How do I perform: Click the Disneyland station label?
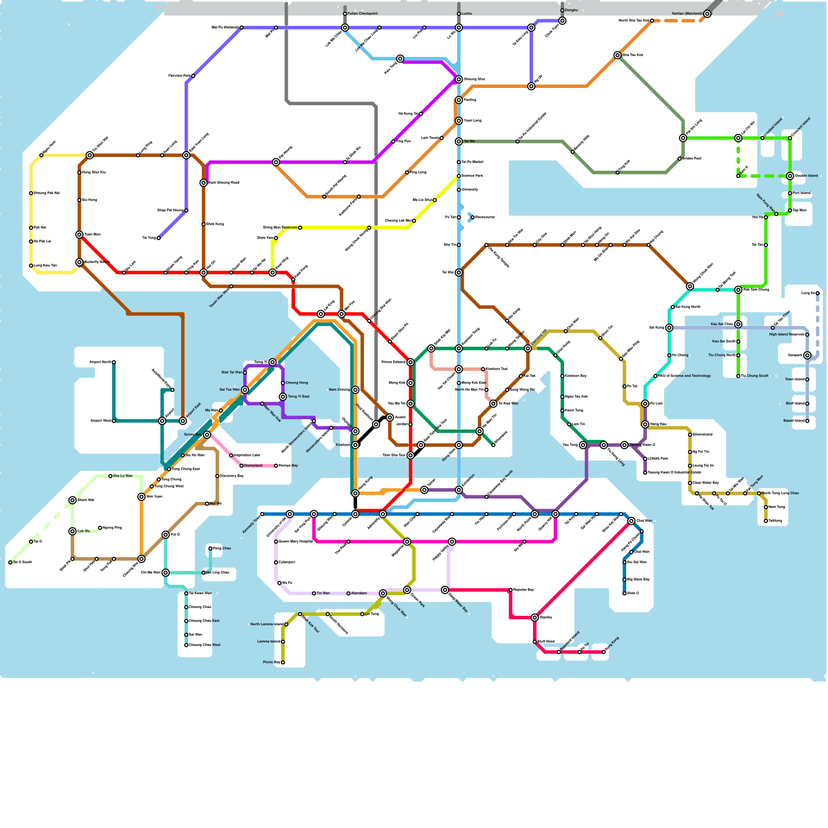tap(253, 466)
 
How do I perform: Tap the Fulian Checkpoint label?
tap(363, 13)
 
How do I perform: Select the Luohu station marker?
tap(459, 14)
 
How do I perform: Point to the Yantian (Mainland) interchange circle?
tap(707, 14)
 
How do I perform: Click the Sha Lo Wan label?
tap(123, 476)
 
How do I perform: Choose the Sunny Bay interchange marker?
tap(207, 435)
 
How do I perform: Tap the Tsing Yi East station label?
tap(299, 397)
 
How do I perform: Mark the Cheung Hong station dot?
tap(283, 383)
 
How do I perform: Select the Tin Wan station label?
tap(323, 594)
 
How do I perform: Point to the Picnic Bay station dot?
tap(283, 662)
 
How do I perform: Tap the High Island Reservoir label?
tap(786, 335)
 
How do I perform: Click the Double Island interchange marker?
tap(790, 176)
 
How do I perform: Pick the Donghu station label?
tap(571, 10)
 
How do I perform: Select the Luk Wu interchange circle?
tap(72, 531)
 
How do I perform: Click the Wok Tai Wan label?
tap(231, 373)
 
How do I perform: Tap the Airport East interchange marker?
tap(183, 421)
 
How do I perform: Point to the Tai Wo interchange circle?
tap(459, 141)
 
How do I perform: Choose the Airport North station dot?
tap(114, 362)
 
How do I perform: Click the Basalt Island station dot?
tap(807, 421)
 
